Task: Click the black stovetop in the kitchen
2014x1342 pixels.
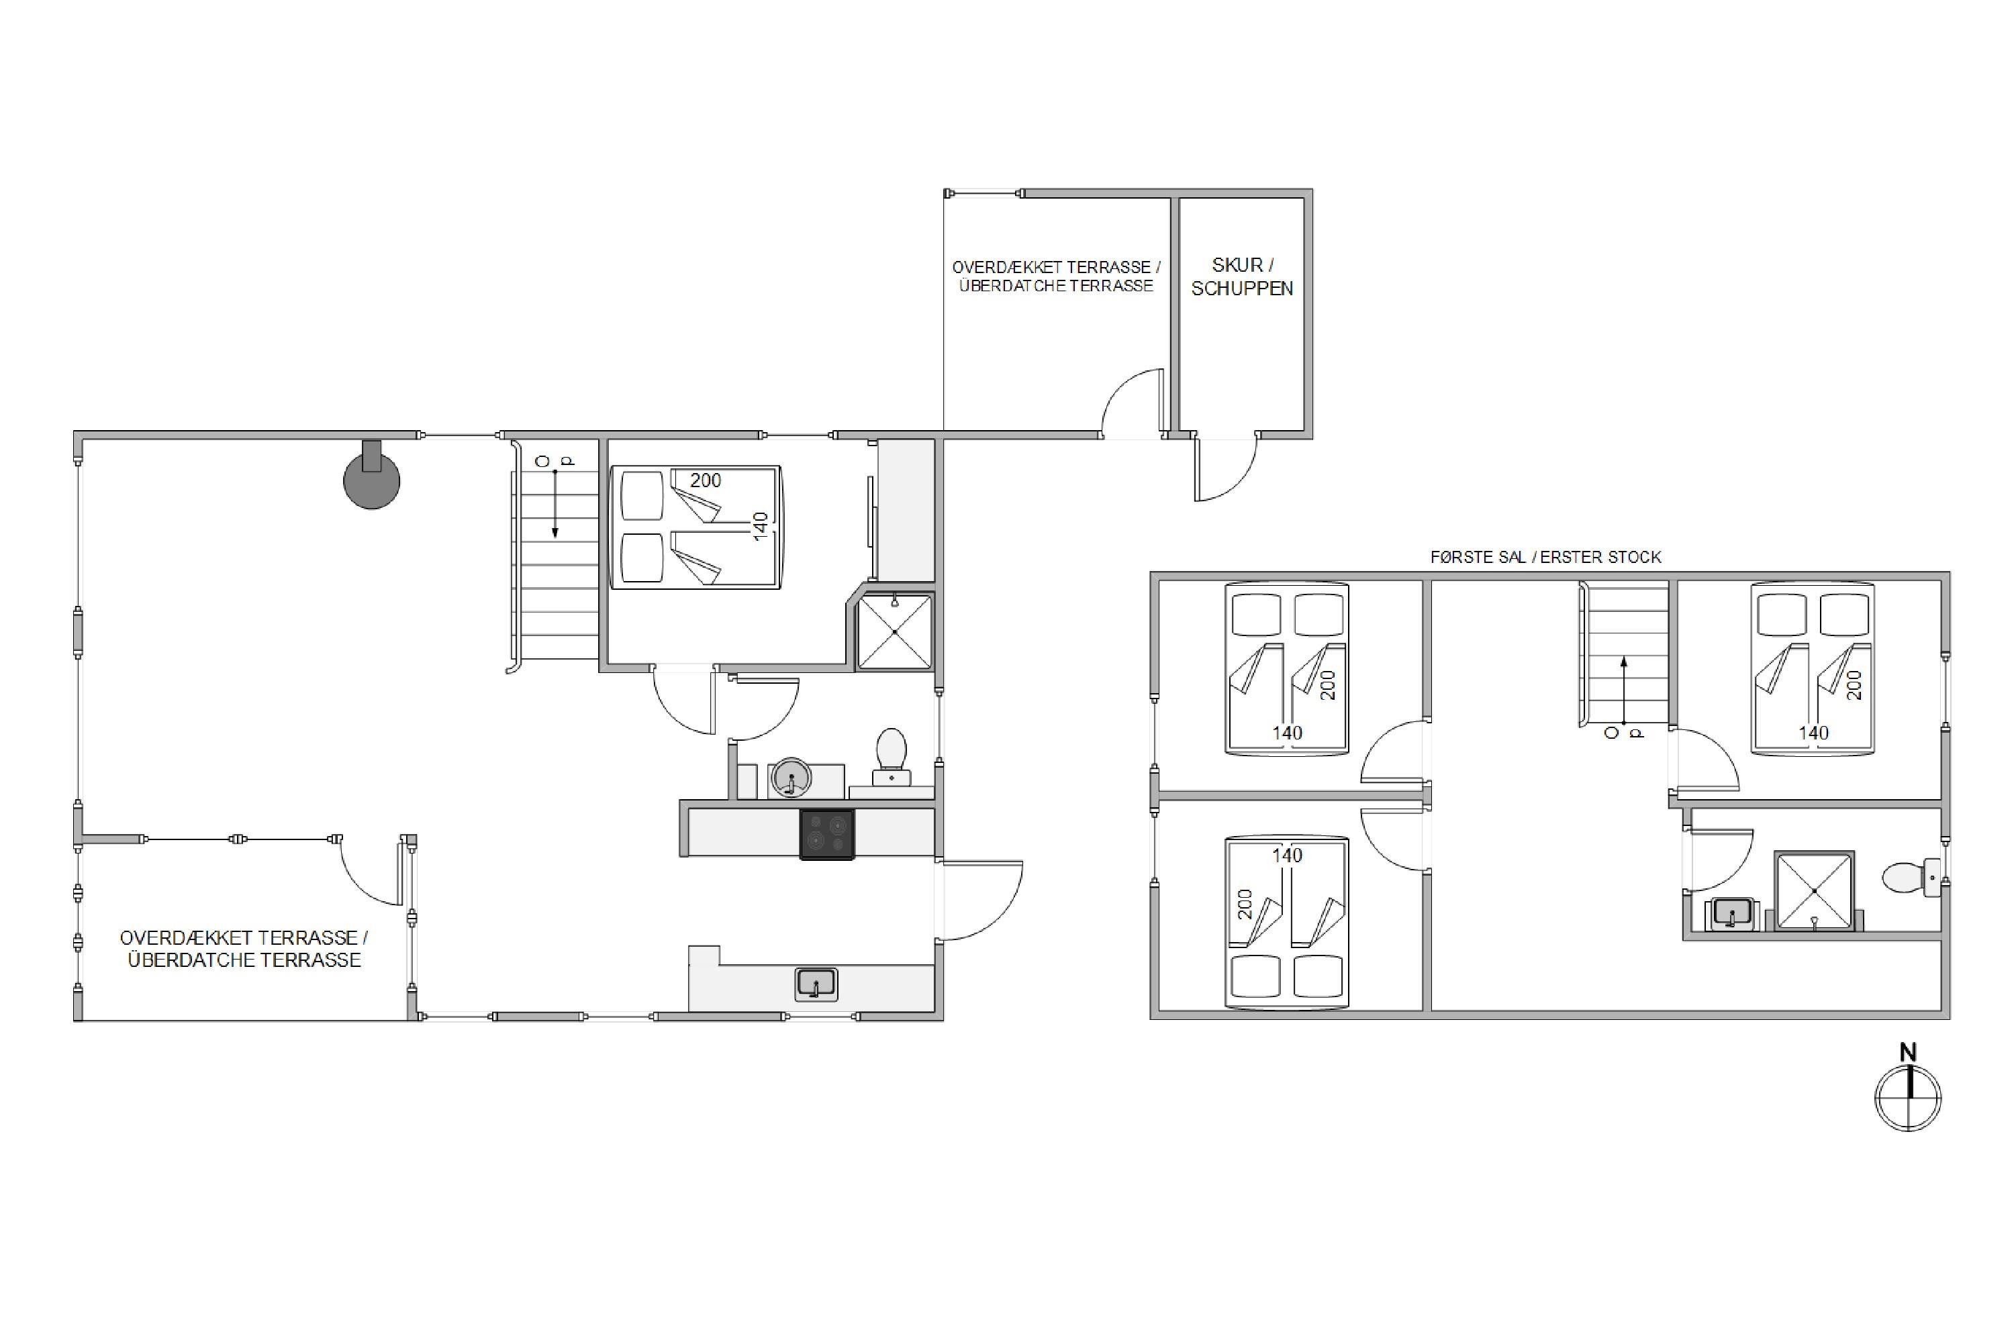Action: [827, 833]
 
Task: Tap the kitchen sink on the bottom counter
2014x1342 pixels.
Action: [816, 984]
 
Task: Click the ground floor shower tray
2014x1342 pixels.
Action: [895, 631]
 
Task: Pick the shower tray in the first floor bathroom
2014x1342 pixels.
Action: [1815, 890]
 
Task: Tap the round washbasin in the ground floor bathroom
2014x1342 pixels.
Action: [792, 778]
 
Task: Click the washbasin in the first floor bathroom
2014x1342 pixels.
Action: [1731, 913]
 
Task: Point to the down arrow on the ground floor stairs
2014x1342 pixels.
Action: [555, 503]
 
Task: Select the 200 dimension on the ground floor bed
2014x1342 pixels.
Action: [706, 481]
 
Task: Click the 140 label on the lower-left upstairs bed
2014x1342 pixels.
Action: [1287, 855]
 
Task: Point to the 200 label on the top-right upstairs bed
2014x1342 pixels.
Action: [1854, 684]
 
